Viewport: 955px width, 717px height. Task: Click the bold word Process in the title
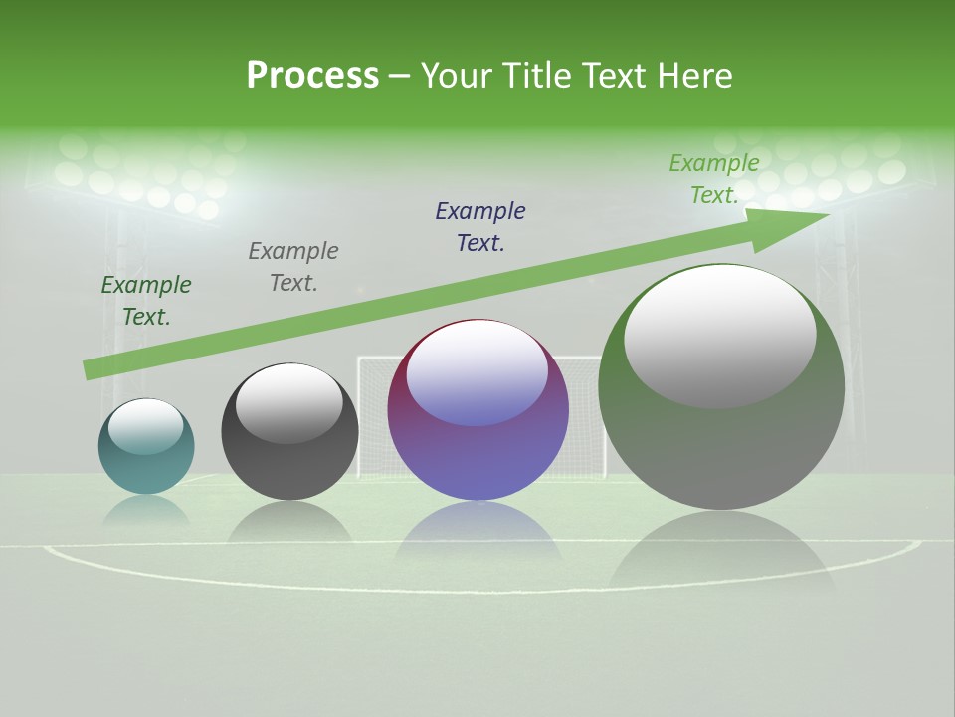click(312, 76)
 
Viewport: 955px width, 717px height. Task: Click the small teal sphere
click(146, 458)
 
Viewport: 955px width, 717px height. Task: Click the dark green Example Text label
click(146, 301)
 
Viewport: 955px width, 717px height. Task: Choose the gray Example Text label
click(293, 267)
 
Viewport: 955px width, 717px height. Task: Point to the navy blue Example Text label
click(480, 227)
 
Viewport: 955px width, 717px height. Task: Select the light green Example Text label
click(714, 179)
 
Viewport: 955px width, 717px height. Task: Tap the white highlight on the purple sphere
click(477, 373)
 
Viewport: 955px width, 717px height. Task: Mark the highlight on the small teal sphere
click(146, 426)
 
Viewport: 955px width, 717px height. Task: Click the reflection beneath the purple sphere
click(477, 533)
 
